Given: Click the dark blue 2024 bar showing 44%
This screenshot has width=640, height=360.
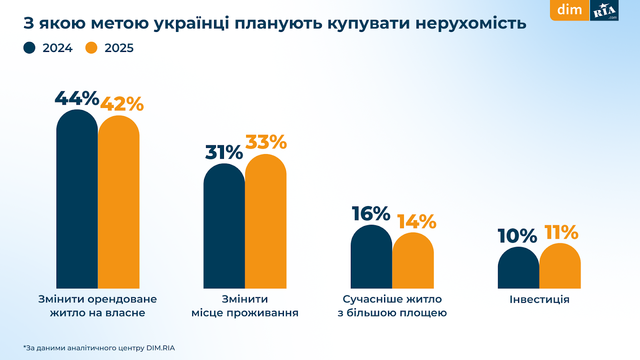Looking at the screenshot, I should (77, 200).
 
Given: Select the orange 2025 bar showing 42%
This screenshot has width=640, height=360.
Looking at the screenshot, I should (119, 202).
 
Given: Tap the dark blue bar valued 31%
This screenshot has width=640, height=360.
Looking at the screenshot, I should (224, 226).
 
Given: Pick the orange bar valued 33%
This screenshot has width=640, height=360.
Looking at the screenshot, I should (266, 222).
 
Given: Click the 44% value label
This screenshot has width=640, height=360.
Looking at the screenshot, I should (77, 98).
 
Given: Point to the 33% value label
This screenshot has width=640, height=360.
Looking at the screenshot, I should (266, 142).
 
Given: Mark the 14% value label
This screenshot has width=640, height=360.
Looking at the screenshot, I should (416, 222).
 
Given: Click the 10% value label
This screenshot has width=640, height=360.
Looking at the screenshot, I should (517, 236).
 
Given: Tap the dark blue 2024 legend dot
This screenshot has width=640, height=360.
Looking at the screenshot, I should (30, 48).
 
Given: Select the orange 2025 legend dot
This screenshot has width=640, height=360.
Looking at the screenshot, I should (92, 48).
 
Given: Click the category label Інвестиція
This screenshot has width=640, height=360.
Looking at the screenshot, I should (539, 300).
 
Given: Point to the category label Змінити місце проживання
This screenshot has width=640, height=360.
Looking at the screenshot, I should (245, 306).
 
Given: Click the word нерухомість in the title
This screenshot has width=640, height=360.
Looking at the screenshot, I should (471, 24).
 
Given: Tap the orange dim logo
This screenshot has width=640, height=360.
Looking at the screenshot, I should (570, 10).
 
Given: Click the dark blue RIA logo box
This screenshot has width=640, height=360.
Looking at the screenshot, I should (604, 10).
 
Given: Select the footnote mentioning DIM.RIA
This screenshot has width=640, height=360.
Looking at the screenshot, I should (99, 348).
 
